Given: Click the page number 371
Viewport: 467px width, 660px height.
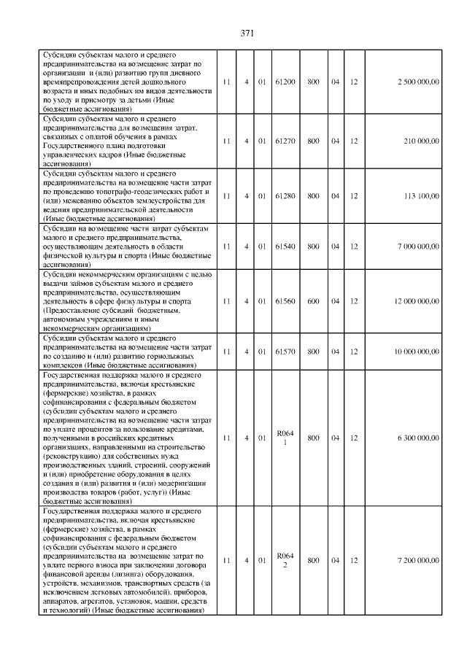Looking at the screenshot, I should [x=246, y=33].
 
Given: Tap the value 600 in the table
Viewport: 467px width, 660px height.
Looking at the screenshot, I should [x=313, y=301].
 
